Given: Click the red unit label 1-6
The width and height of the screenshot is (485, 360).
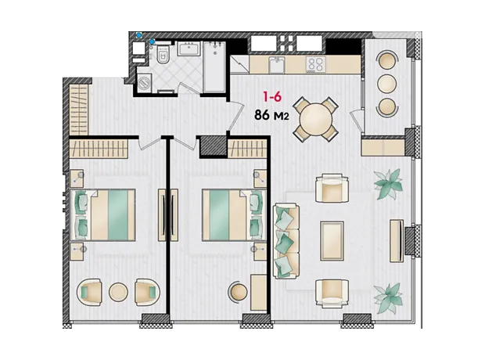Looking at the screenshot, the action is coord(272,97).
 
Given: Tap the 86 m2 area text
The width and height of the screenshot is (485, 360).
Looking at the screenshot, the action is coord(271,115).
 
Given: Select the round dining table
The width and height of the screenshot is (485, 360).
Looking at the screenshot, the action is coord(316,119).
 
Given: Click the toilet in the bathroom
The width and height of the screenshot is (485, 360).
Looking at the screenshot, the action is coord(163,55).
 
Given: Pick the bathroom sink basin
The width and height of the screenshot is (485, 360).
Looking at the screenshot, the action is coord(189,49).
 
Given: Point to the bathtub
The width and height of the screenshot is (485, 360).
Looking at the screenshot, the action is coord(214,67).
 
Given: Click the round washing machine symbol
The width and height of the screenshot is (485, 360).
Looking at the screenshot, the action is coord(144,83).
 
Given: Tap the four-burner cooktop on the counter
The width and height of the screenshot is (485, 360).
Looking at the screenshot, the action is coord(316,64).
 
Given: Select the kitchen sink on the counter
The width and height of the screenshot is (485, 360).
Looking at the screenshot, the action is coord(276,65).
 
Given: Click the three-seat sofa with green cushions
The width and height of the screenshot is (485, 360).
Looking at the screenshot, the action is coord(286,240).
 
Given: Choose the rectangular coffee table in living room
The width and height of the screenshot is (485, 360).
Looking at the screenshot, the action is coord(332,241).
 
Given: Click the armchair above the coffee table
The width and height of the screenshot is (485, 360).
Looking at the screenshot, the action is coord(332,188).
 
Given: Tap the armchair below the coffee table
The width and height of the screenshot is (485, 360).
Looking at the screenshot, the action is coord(332,293).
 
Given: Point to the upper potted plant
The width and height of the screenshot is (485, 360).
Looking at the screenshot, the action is coord(388,183).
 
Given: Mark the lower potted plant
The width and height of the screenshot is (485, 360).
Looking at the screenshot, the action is coord(388,298).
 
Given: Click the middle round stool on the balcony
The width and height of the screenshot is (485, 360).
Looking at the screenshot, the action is coord(386,83).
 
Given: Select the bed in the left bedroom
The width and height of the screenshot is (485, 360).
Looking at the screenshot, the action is coord(103,214).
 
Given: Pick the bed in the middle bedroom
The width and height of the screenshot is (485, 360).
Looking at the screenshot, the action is coord(234,214).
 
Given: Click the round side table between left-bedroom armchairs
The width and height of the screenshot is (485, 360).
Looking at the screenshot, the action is coord(118,292).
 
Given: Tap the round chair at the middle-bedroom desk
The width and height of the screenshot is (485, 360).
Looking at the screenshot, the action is coord(238,291).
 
